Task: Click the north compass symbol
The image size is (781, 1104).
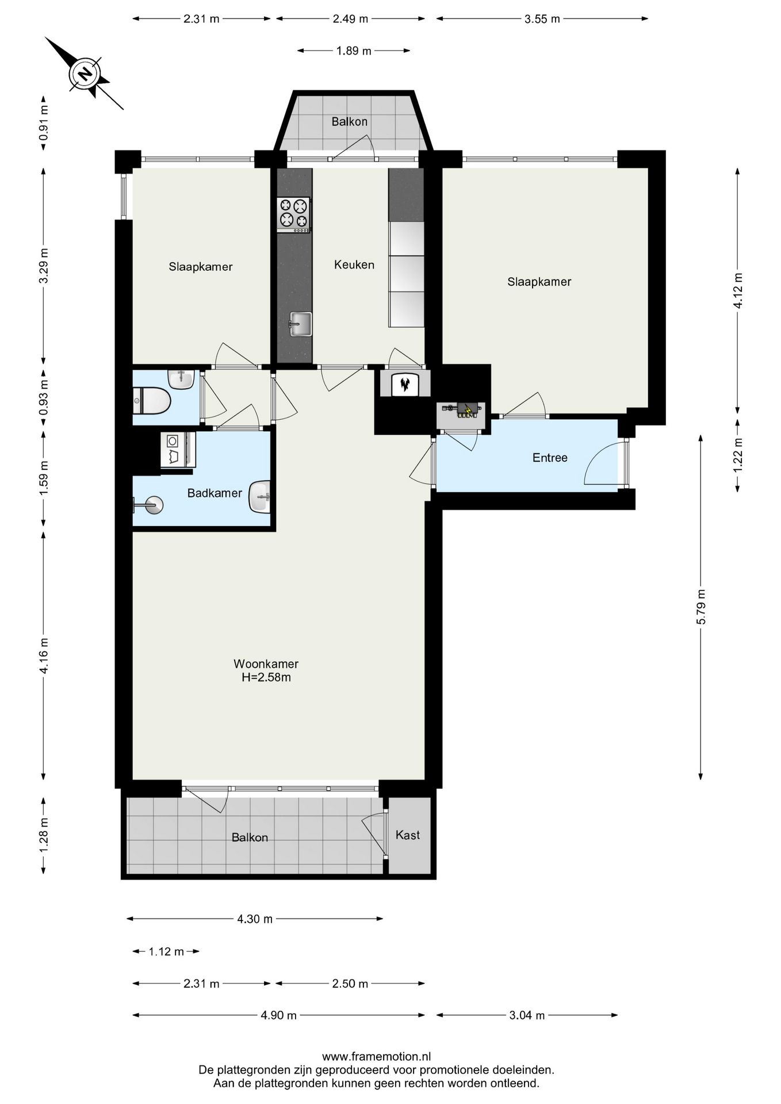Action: [85, 74]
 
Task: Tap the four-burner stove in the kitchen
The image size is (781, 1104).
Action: [293, 214]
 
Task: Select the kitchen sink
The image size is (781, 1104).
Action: [300, 324]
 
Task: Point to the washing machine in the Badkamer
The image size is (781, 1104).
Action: [178, 449]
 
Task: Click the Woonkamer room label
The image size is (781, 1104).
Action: [266, 664]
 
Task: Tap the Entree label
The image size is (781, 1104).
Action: [550, 458]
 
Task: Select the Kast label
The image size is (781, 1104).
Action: [408, 835]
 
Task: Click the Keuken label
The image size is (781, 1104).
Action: [354, 264]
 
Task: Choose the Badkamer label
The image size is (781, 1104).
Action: [215, 493]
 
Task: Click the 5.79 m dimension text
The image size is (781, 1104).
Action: [700, 607]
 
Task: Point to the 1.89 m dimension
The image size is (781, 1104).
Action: [354, 51]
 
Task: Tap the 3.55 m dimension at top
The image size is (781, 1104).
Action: [542, 18]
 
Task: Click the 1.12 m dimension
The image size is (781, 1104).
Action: [166, 952]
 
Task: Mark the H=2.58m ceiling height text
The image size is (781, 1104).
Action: [266, 677]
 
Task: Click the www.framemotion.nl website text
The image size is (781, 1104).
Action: [376, 1056]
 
